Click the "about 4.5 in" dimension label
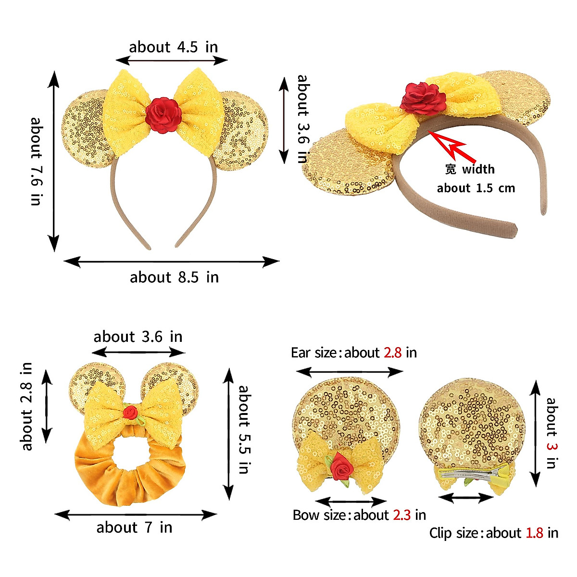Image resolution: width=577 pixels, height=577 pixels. (x=173, y=47)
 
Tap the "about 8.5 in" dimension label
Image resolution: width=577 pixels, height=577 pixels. (x=174, y=277)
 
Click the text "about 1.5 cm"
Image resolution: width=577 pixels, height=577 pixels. (x=476, y=188)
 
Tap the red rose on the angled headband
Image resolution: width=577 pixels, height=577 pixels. (x=424, y=96)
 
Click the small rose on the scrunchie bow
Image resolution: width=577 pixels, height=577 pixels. (x=130, y=412)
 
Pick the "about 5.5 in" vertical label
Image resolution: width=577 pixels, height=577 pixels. (x=245, y=429)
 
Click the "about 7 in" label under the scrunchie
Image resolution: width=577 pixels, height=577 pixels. (x=134, y=527)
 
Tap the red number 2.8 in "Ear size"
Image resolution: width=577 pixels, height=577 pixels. (x=392, y=353)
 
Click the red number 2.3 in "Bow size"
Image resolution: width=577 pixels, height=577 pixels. (x=401, y=515)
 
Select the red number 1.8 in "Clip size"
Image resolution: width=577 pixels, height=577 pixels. (x=534, y=533)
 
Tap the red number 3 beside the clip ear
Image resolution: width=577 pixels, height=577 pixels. (x=551, y=446)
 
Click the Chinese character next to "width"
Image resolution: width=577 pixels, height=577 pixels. (x=450, y=169)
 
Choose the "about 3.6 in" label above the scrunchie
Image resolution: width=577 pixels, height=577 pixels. (x=138, y=337)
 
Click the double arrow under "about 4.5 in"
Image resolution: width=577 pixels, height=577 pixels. (x=172, y=60)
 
